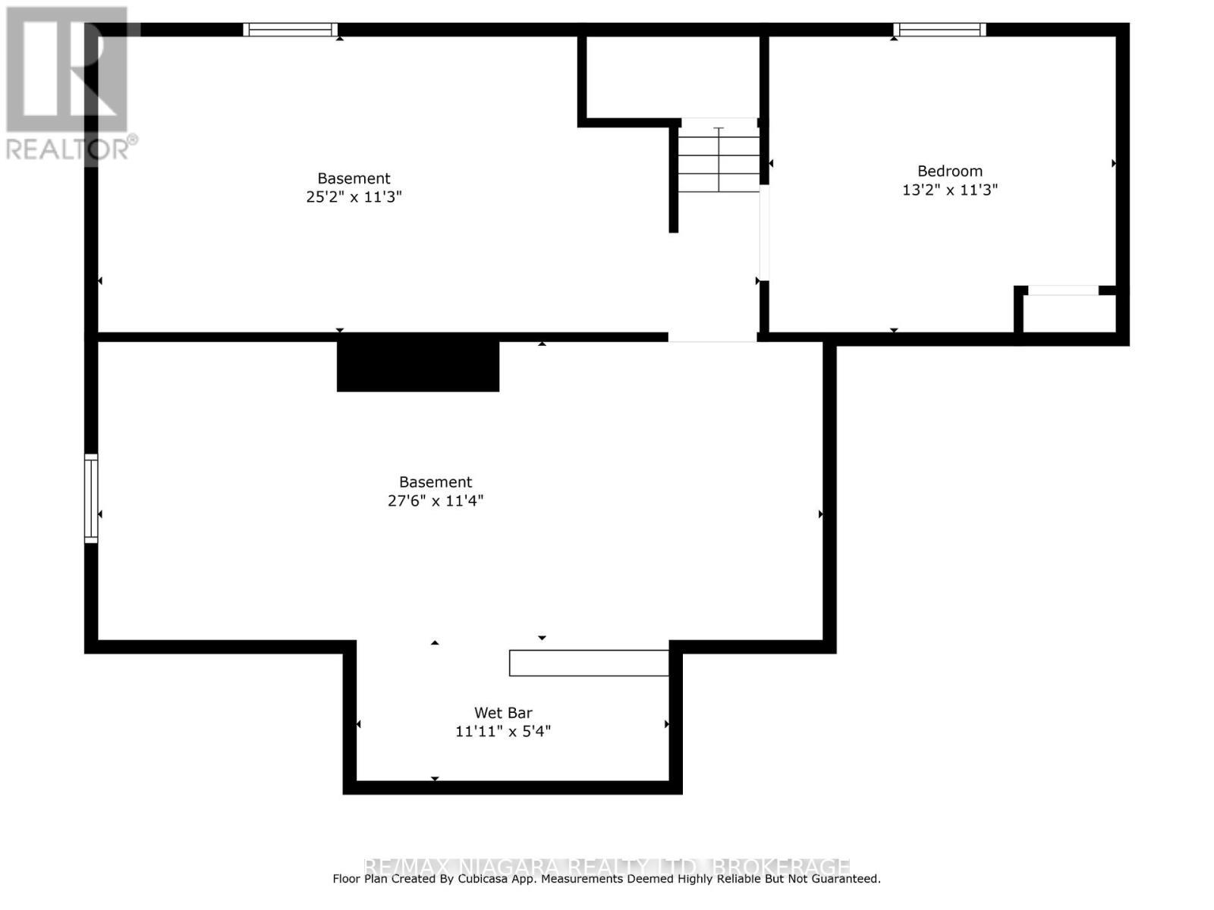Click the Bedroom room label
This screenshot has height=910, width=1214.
(x=949, y=171)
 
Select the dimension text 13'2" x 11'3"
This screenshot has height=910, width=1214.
(x=949, y=190)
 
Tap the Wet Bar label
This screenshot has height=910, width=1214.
(x=503, y=713)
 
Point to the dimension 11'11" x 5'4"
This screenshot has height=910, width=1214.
(x=502, y=732)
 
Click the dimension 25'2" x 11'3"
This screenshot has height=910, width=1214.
(x=354, y=197)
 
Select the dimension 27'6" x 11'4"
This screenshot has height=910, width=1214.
(x=436, y=500)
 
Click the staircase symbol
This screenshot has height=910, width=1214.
(x=719, y=159)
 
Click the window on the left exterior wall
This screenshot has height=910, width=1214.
(x=91, y=498)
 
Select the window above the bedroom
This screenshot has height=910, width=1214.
(x=939, y=30)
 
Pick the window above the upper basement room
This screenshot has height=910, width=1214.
(x=290, y=30)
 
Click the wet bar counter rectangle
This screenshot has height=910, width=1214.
(x=589, y=663)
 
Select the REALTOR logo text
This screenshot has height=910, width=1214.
(x=71, y=149)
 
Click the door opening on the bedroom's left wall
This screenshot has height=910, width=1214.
(x=765, y=233)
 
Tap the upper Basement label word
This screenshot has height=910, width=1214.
(x=354, y=179)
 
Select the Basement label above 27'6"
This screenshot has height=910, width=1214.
(x=436, y=482)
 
